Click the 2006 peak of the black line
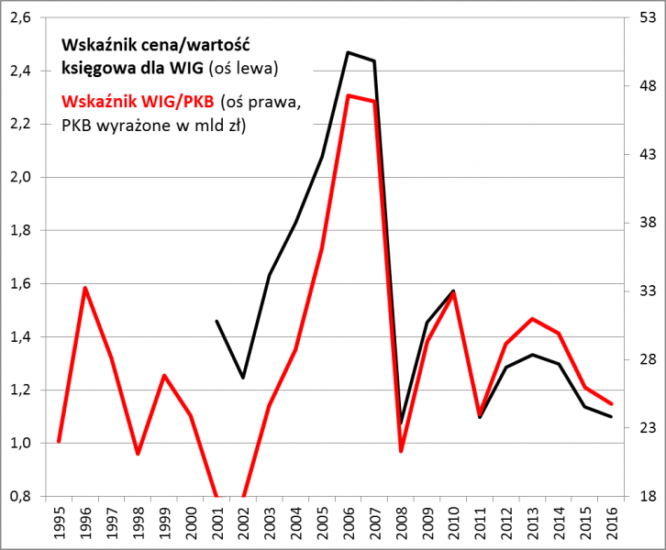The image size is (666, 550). click(x=348, y=52)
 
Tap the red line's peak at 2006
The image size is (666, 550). click(x=348, y=95)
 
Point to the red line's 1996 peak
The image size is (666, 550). click(x=85, y=288)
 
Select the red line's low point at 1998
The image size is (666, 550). click(x=138, y=454)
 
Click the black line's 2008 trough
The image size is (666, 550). click(x=401, y=421)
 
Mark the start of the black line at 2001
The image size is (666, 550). click(x=216, y=321)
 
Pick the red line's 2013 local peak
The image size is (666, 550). click(x=532, y=319)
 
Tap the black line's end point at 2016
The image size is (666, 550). click(x=611, y=417)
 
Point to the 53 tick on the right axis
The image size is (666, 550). click(x=646, y=17)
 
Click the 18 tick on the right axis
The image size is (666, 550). click(x=646, y=496)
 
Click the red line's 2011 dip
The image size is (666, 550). click(x=480, y=412)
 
